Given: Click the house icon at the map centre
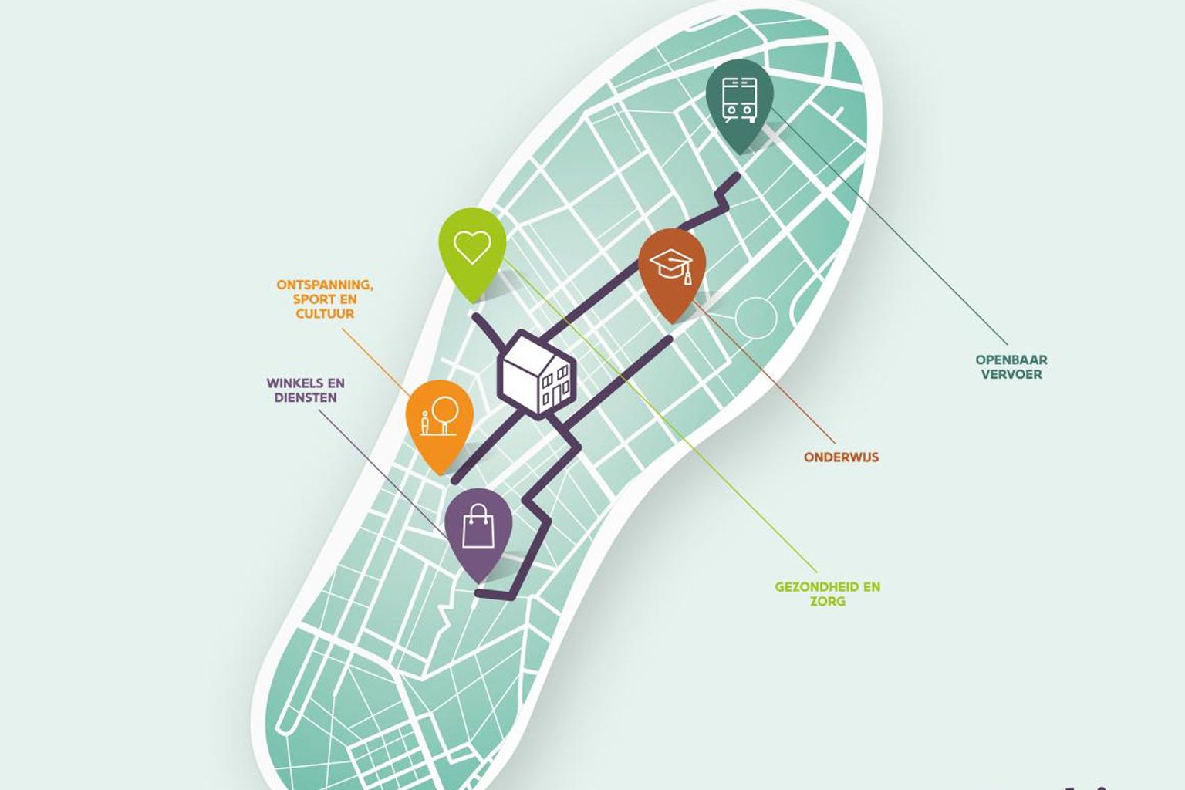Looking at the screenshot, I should click(x=537, y=375).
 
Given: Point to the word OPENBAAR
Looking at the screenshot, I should click(x=1011, y=360).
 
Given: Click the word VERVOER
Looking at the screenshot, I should click(x=1011, y=374).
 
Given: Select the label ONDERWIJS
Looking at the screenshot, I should click(x=841, y=457).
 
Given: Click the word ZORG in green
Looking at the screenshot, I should click(x=827, y=602).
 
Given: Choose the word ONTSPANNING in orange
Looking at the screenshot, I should click(x=325, y=285).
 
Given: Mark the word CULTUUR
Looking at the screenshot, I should click(x=325, y=314).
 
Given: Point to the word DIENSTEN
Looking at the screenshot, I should click(x=305, y=398).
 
